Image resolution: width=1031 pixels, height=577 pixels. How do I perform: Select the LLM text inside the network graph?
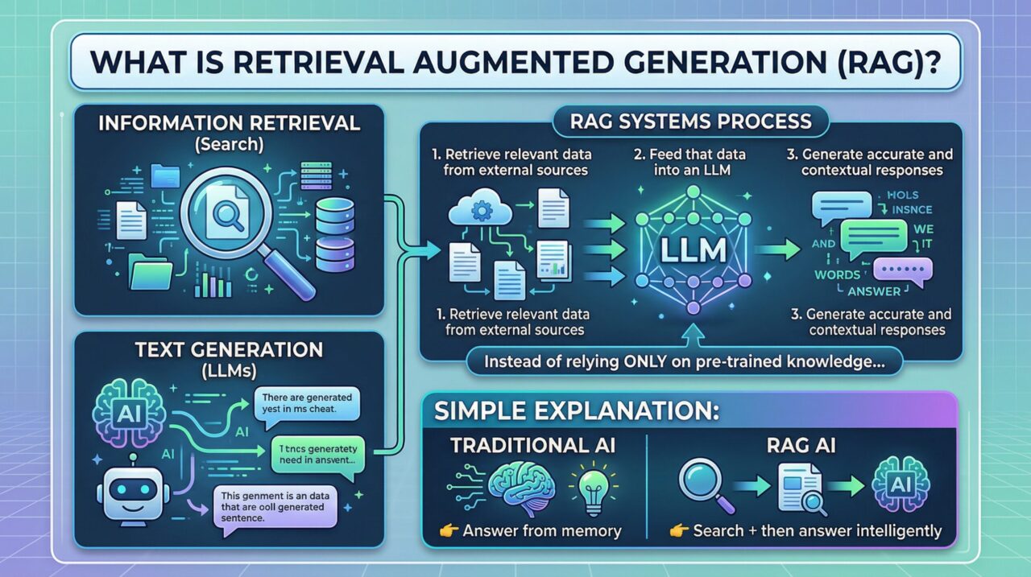coord(691,249)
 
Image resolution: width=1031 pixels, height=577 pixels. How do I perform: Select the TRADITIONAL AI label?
coord(532,446)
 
